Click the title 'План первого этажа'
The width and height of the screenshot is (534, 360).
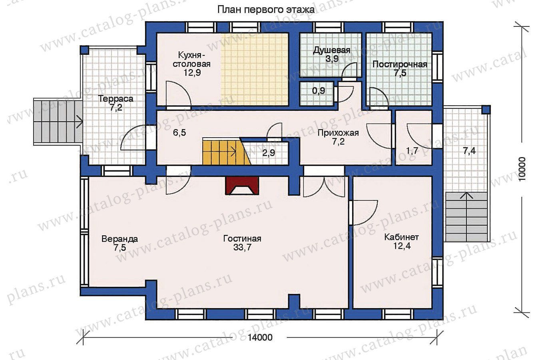point(266,10)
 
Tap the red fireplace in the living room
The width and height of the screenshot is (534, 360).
point(242,186)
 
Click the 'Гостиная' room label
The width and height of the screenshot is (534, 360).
point(242,238)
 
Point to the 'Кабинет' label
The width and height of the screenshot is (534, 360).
point(402,237)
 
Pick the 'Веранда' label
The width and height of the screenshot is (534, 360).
point(120,239)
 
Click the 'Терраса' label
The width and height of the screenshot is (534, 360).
point(116,99)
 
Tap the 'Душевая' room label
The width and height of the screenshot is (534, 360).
point(332,50)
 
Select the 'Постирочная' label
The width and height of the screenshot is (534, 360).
point(400,64)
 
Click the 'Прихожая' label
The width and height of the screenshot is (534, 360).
point(338,133)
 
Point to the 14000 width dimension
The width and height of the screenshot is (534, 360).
point(260,338)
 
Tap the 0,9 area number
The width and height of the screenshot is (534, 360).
point(319,91)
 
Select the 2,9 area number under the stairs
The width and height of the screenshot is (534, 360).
point(269,153)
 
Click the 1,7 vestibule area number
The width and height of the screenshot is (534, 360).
point(412,151)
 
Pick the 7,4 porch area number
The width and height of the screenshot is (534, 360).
point(469,151)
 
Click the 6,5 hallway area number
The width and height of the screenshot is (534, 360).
point(179,133)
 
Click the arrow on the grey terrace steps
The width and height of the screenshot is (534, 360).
point(79,122)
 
